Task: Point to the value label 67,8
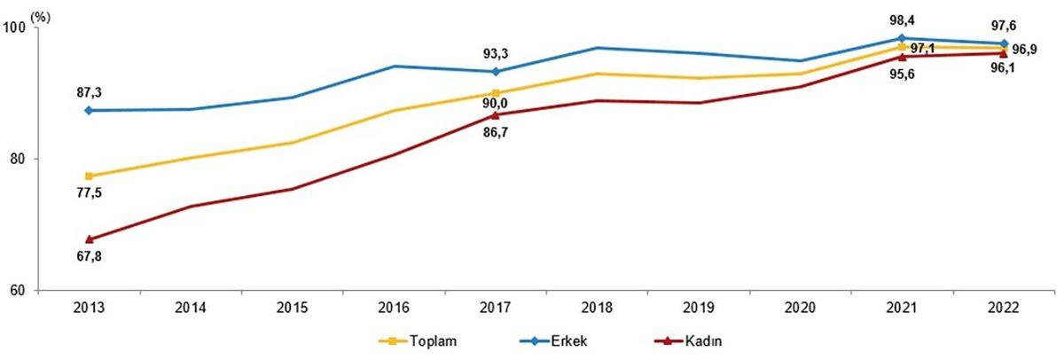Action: coord(90,257)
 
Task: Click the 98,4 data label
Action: coord(902,20)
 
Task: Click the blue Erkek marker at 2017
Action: coord(496,72)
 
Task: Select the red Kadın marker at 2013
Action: coord(90,239)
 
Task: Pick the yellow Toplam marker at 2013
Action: coord(90,176)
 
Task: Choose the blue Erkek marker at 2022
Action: coord(1004,43)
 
